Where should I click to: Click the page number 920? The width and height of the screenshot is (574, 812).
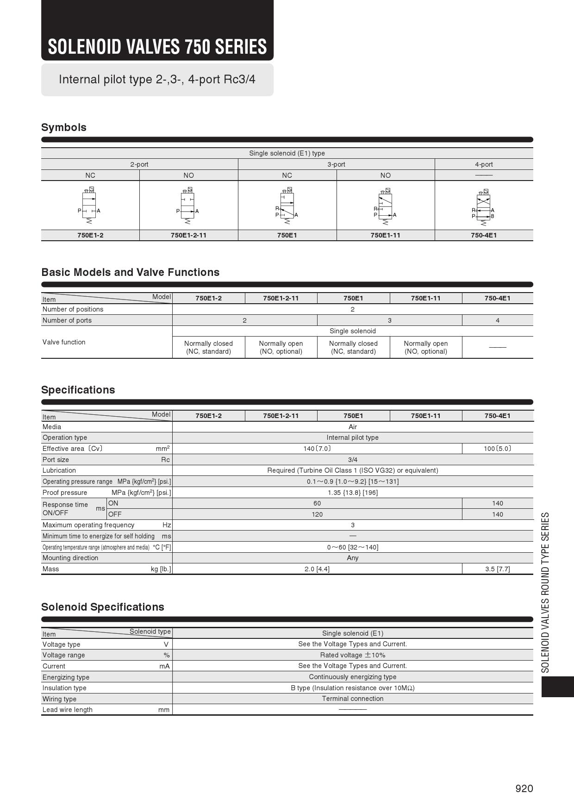[524, 788]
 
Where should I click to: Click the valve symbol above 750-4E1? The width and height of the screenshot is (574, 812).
[483, 206]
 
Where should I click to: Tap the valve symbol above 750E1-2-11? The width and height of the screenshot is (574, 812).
[188, 206]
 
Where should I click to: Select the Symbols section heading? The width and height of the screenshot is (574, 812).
[64, 127]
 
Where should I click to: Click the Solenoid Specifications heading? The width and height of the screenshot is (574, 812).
[102, 607]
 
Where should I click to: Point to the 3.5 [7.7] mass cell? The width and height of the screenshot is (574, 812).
[498, 569]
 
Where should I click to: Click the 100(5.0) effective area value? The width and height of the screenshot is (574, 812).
[498, 449]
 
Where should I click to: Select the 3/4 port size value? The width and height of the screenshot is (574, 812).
[353, 460]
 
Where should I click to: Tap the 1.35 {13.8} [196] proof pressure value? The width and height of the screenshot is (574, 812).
[353, 493]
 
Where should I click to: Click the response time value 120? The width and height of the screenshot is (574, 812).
[317, 514]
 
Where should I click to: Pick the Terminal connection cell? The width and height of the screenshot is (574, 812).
[353, 699]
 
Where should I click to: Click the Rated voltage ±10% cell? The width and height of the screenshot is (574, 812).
[353, 655]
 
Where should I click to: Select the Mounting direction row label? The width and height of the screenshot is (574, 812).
[70, 558]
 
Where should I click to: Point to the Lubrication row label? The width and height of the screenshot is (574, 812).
[59, 470]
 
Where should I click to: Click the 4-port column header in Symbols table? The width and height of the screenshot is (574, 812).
[484, 164]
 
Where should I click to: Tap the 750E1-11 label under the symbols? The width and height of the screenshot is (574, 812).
[385, 235]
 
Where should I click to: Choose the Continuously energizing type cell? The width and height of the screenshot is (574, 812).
[353, 677]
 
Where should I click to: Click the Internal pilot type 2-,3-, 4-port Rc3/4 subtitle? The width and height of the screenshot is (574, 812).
[157, 79]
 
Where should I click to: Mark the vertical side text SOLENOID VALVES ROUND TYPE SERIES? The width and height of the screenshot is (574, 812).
[546, 592]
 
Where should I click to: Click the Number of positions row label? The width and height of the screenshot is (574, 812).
[73, 309]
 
